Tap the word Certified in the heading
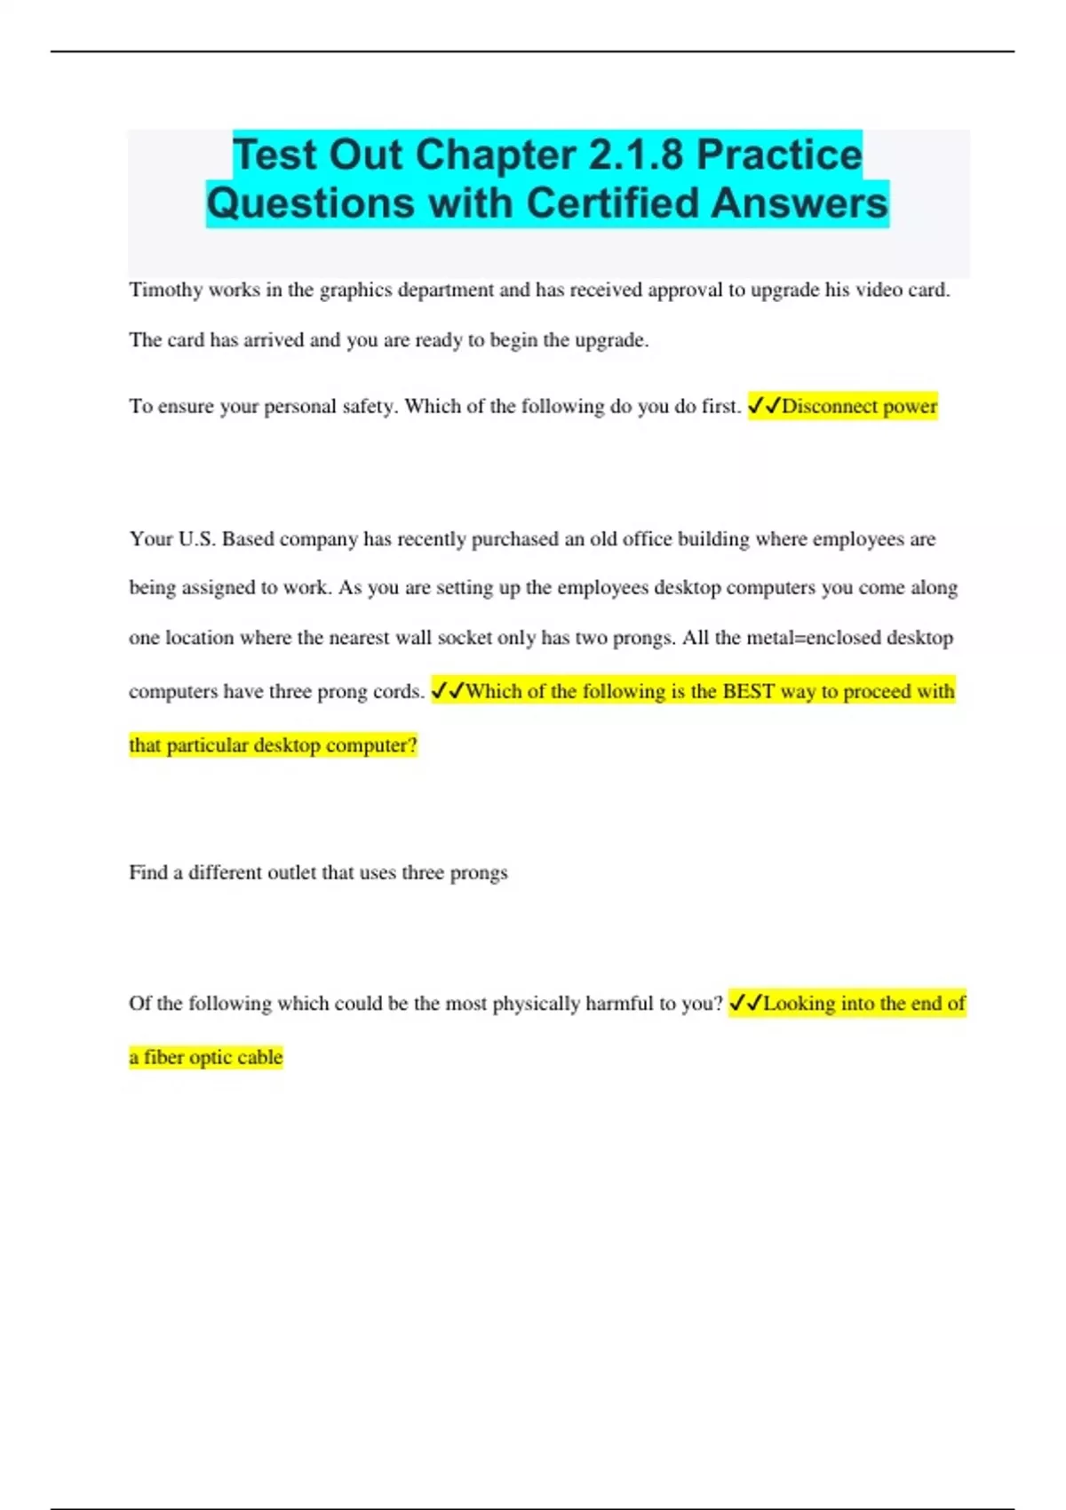615,203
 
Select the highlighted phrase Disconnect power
858,406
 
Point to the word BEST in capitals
748,691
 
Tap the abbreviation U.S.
196,539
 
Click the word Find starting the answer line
148,872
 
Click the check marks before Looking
745,1004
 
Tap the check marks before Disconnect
764,406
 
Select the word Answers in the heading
799,203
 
